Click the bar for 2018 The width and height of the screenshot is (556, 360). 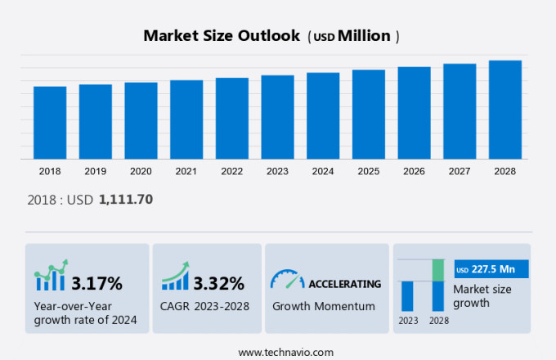click(x=50, y=122)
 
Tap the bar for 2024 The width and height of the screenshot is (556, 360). click(x=323, y=115)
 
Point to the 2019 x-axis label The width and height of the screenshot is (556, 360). click(x=95, y=171)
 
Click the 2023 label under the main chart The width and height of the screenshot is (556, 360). click(x=277, y=171)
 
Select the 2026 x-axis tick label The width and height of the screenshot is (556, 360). click(x=414, y=171)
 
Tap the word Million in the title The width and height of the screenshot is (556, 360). click(x=365, y=36)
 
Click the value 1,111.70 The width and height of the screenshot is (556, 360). click(x=126, y=199)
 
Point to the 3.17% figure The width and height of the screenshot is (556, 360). click(x=96, y=284)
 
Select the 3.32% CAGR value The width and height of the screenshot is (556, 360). click(x=218, y=284)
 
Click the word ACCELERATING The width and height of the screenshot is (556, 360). click(x=344, y=284)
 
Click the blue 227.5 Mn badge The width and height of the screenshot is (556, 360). click(x=491, y=269)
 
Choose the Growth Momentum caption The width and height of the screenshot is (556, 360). click(x=323, y=306)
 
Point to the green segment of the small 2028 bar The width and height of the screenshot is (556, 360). click(x=438, y=270)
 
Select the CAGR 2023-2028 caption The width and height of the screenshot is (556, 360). click(x=205, y=306)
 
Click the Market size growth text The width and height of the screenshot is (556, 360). click(x=482, y=296)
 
